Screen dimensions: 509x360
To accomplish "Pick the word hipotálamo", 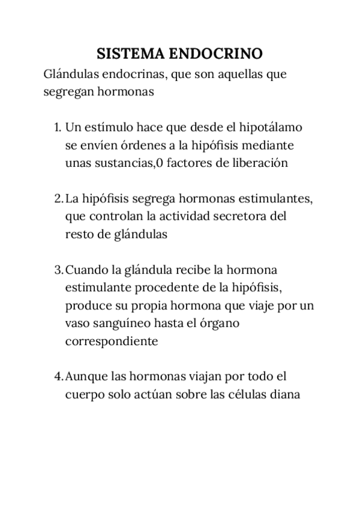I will [271, 127].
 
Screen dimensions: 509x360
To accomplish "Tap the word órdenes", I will [142, 145].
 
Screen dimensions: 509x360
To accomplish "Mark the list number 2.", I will [58, 198].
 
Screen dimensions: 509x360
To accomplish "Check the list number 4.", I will [58, 377].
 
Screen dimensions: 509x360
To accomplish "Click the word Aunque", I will [85, 377].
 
